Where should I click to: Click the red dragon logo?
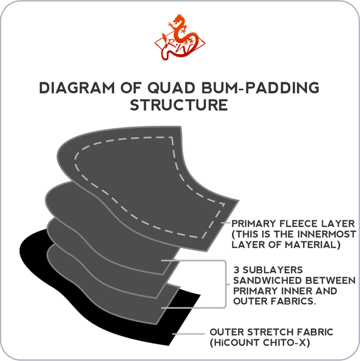tap(180, 37)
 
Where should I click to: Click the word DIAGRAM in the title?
tap(77, 88)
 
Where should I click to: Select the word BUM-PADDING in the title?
tap(260, 88)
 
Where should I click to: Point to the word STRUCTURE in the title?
tap(179, 105)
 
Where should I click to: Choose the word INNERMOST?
tap(327, 234)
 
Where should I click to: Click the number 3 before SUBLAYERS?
tap(236, 270)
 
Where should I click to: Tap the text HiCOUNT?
tap(236, 343)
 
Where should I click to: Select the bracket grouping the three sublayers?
tap(225, 284)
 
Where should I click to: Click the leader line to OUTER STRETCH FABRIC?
tap(188, 333)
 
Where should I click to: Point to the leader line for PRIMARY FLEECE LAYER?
tap(225, 223)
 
